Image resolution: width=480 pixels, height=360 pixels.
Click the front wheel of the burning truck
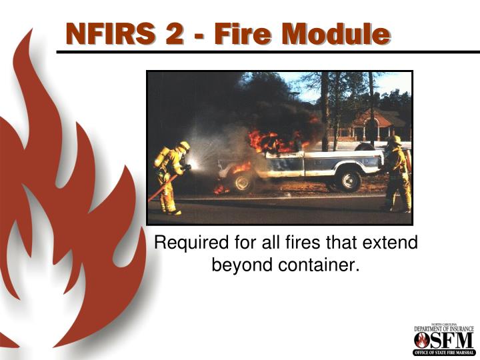coord(242,181)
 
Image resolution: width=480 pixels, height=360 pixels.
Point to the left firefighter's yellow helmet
coord(183,146)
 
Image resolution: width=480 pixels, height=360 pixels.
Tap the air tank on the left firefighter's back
coord(161,157)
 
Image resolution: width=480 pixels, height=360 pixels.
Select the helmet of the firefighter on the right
coord(395,141)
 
